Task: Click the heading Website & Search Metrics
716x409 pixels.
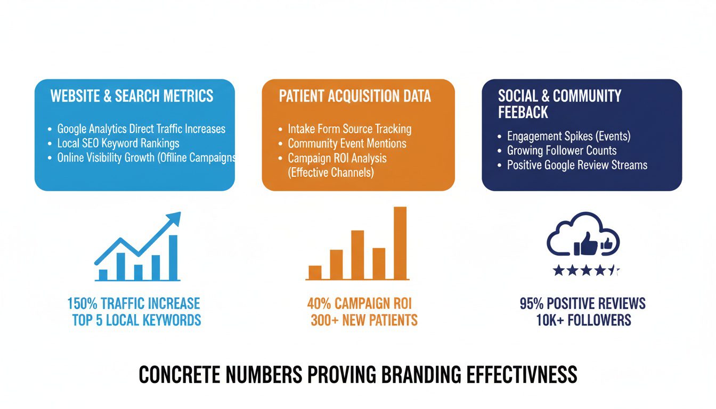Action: click(x=132, y=96)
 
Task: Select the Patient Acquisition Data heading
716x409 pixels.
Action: click(x=355, y=96)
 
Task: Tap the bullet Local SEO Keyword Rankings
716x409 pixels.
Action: click(x=118, y=143)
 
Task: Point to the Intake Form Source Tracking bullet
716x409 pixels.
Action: click(x=349, y=129)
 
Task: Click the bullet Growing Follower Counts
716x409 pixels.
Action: click(x=562, y=150)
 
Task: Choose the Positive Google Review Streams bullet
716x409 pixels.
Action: click(x=577, y=165)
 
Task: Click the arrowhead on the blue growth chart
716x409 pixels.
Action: click(x=174, y=219)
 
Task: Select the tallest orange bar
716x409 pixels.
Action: click(x=400, y=242)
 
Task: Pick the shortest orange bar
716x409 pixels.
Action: click(x=315, y=272)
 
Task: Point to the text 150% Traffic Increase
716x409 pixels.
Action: click(x=133, y=304)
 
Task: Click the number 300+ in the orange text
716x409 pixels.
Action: click(x=326, y=320)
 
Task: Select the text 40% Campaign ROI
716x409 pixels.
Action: click(x=360, y=304)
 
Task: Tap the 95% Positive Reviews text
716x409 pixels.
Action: click(x=582, y=304)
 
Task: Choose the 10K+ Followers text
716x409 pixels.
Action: click(x=584, y=320)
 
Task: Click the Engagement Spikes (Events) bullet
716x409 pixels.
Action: click(x=568, y=136)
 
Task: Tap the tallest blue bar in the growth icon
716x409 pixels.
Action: click(x=173, y=257)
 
